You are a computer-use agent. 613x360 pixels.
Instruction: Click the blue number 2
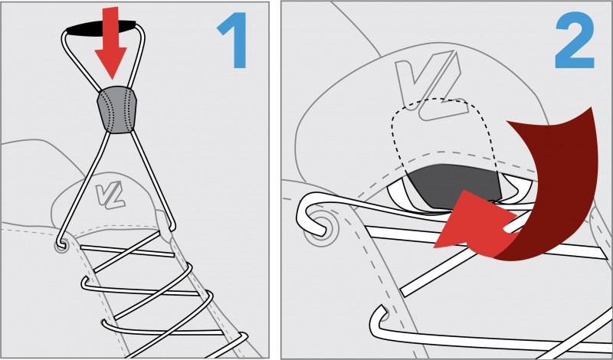tap(575, 41)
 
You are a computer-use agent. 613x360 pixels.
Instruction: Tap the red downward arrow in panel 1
tap(110, 42)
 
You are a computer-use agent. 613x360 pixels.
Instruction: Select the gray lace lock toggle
tap(116, 110)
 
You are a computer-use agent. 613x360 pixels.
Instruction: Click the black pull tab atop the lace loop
tap(101, 28)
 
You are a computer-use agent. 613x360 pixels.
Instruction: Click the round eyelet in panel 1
tap(61, 246)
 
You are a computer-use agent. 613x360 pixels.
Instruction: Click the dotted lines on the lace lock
tap(116, 110)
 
